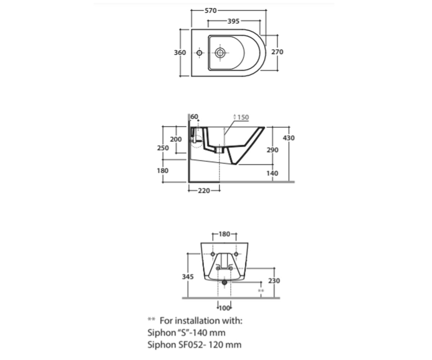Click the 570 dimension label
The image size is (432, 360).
(x=211, y=10)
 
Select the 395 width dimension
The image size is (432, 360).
(x=233, y=21)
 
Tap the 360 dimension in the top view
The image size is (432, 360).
(x=180, y=53)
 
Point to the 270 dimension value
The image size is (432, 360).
(x=277, y=52)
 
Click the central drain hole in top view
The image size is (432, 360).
(x=220, y=53)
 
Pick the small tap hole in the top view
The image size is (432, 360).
(x=199, y=53)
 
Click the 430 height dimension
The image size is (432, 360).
(x=289, y=138)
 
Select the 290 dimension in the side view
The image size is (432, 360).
(x=273, y=150)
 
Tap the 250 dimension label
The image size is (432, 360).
(x=163, y=148)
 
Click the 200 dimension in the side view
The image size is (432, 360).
(x=176, y=139)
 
